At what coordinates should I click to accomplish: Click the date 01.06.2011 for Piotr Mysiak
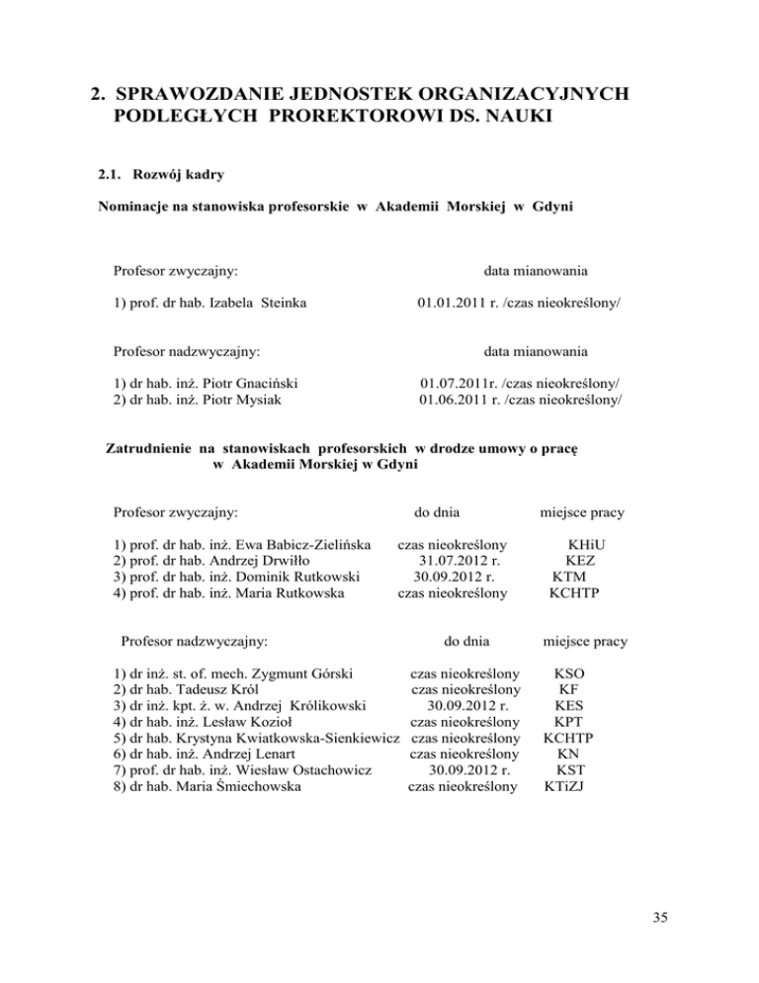[x=456, y=399]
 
